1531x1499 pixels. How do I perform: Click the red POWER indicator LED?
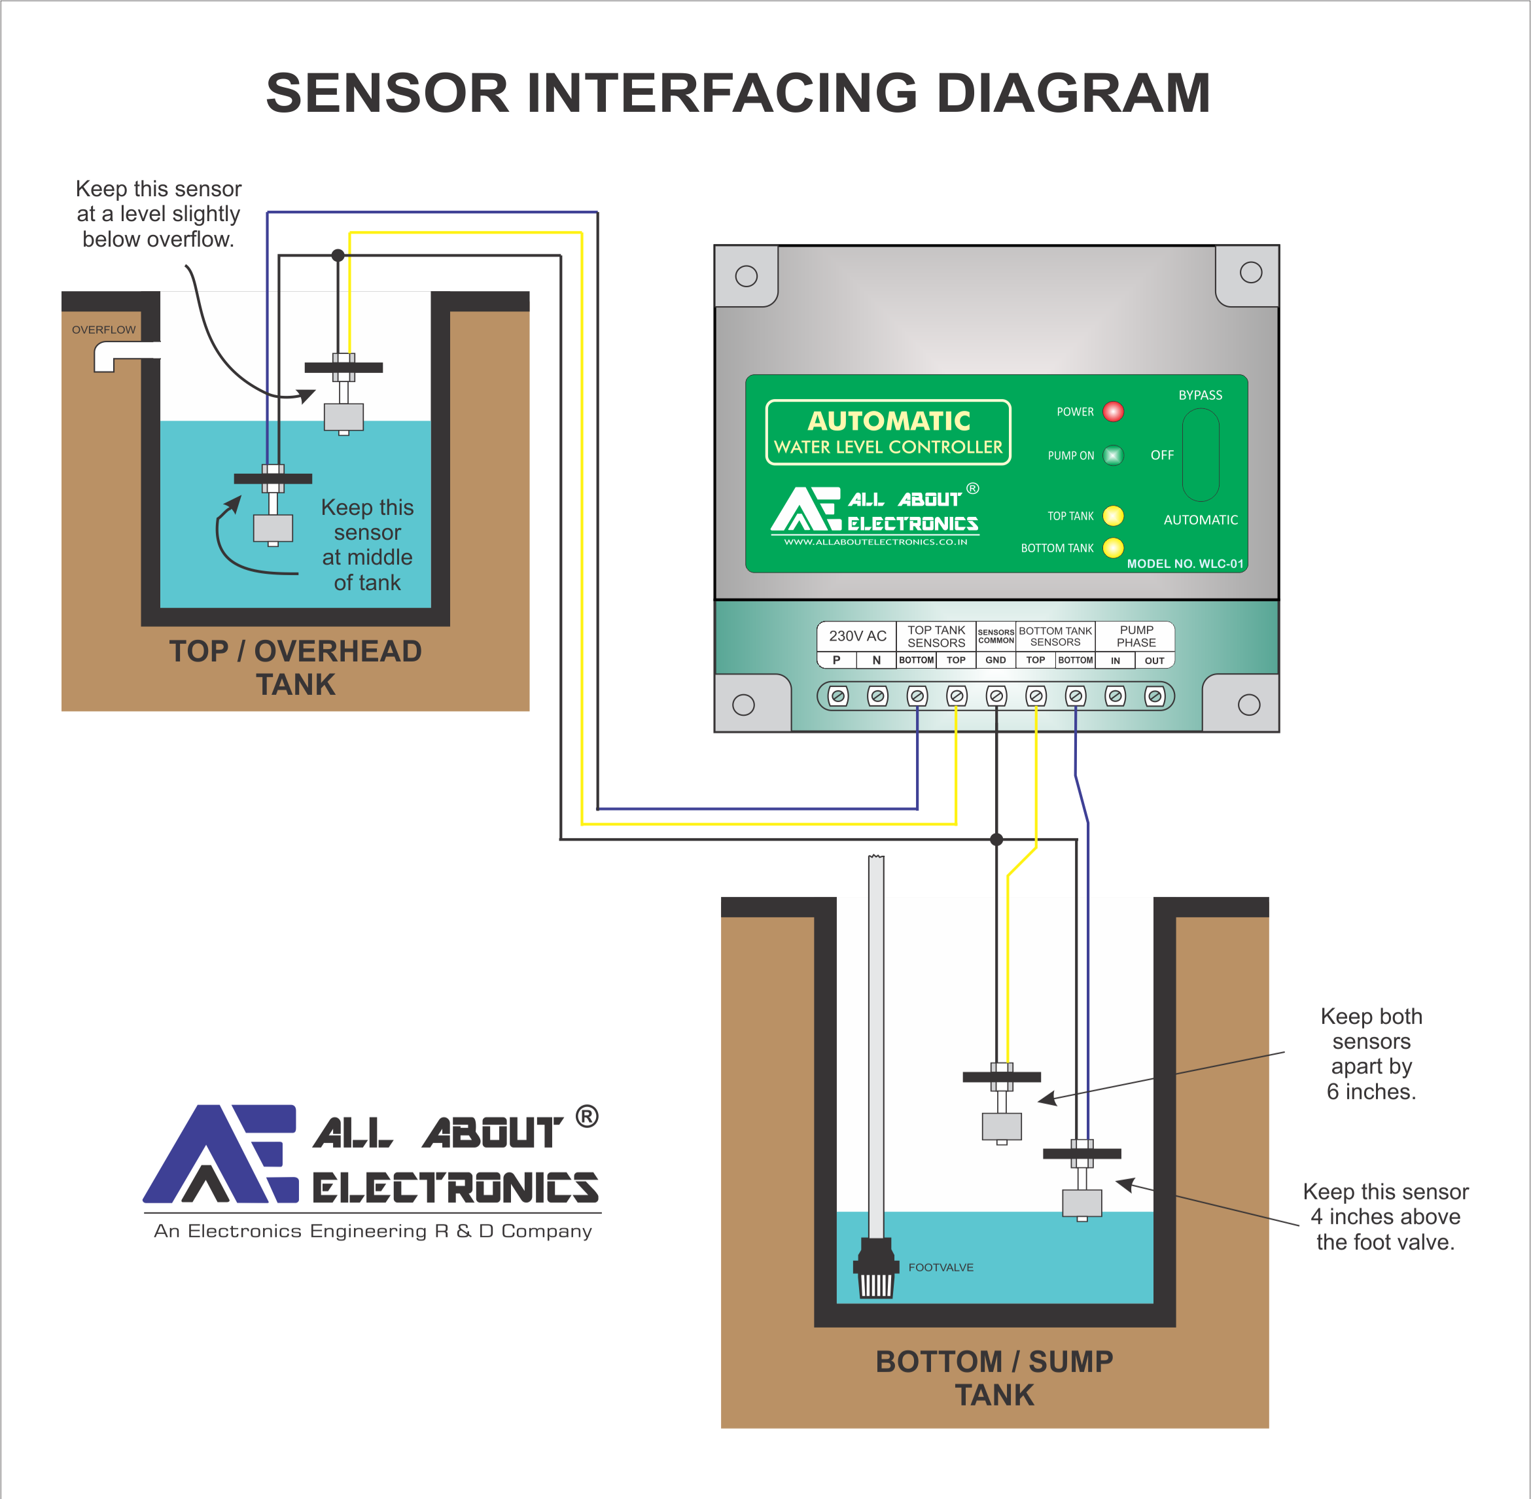coord(1113,412)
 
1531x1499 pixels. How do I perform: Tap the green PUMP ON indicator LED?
coord(1113,455)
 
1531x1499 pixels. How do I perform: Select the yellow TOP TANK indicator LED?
coord(1113,516)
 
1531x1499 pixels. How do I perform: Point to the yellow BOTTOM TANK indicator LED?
coord(1113,547)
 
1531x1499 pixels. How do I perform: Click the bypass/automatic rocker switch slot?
coord(1201,455)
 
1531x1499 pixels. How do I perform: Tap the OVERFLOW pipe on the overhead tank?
coord(118,356)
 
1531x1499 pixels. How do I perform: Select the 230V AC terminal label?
coord(857,635)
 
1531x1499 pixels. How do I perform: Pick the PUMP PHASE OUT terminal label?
coord(1154,661)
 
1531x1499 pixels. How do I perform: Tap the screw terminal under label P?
coord(838,696)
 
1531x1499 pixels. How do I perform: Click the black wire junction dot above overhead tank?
coord(338,255)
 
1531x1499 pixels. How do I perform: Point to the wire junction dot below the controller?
coord(996,839)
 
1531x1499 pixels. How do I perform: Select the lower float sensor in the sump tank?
coord(1082,1202)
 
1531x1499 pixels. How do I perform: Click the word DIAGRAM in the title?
coord(1073,93)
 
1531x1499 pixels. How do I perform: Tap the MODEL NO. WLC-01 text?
coord(1185,564)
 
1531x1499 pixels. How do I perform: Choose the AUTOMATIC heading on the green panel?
coord(889,421)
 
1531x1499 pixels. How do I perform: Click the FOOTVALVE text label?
coord(941,1267)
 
